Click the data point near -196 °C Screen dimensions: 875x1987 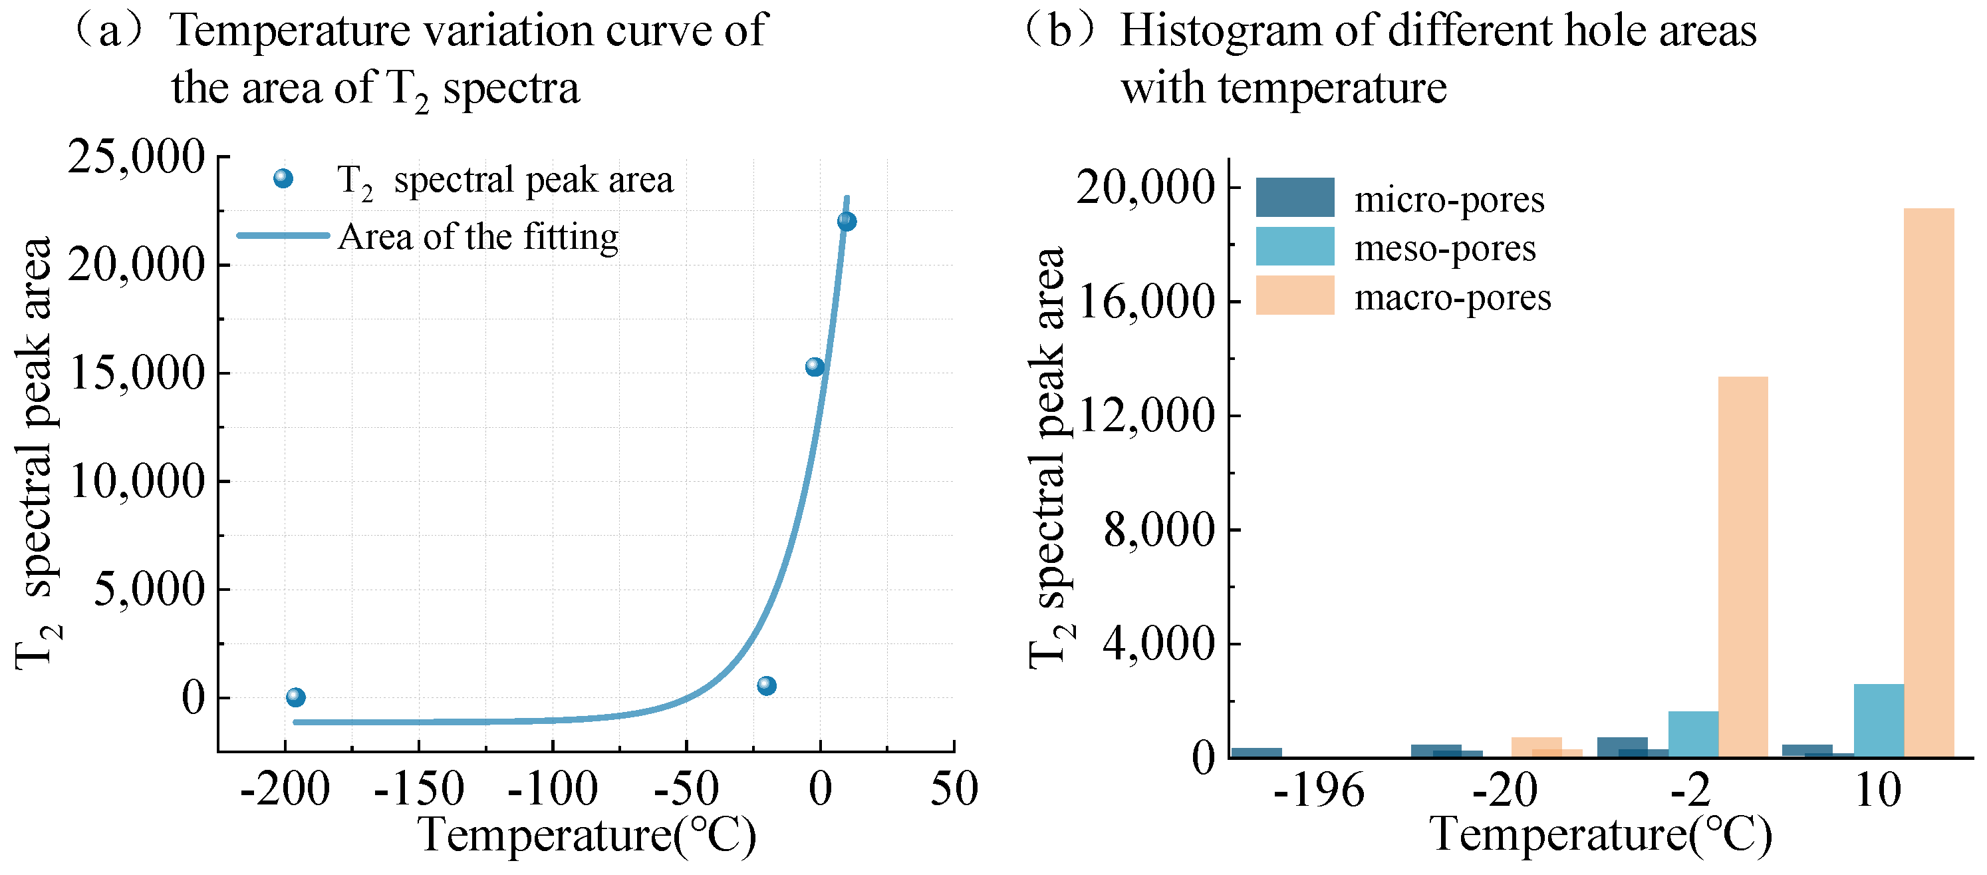[295, 697]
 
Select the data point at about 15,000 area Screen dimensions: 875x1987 [815, 367]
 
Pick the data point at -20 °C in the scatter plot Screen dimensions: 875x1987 [766, 685]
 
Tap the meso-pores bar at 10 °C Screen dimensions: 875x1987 [1878, 720]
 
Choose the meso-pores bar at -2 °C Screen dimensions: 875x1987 [1693, 734]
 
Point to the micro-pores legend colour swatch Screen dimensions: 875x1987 [1294, 198]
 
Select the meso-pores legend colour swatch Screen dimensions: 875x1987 [1294, 246]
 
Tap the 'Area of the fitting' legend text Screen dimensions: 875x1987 [477, 237]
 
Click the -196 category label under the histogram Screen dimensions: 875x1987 [1317, 792]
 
